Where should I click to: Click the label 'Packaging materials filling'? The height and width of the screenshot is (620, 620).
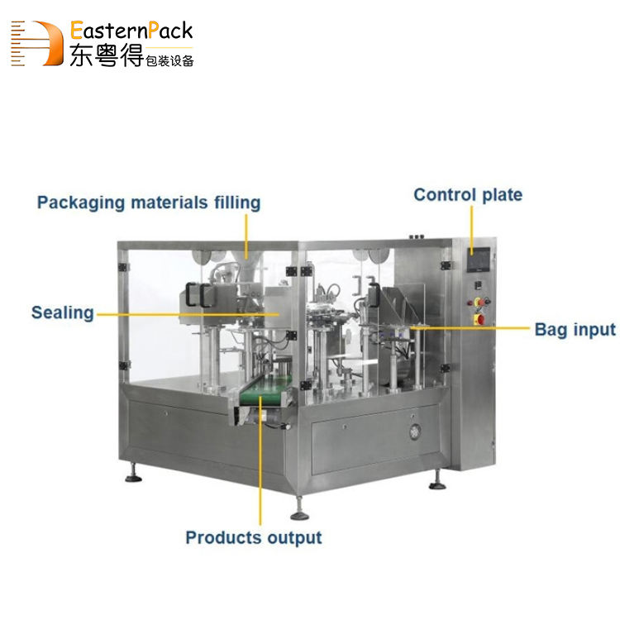point(149,203)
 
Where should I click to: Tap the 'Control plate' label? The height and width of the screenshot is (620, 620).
point(468,195)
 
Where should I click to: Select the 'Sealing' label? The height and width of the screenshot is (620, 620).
point(63,312)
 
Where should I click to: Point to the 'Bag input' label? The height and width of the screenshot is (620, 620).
point(575,329)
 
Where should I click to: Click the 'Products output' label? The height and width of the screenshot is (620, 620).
point(253,537)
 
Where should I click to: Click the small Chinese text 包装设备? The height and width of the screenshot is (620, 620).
point(169,60)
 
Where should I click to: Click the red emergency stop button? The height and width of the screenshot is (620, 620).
point(479,318)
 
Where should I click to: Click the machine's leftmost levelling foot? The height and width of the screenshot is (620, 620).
point(130,475)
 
